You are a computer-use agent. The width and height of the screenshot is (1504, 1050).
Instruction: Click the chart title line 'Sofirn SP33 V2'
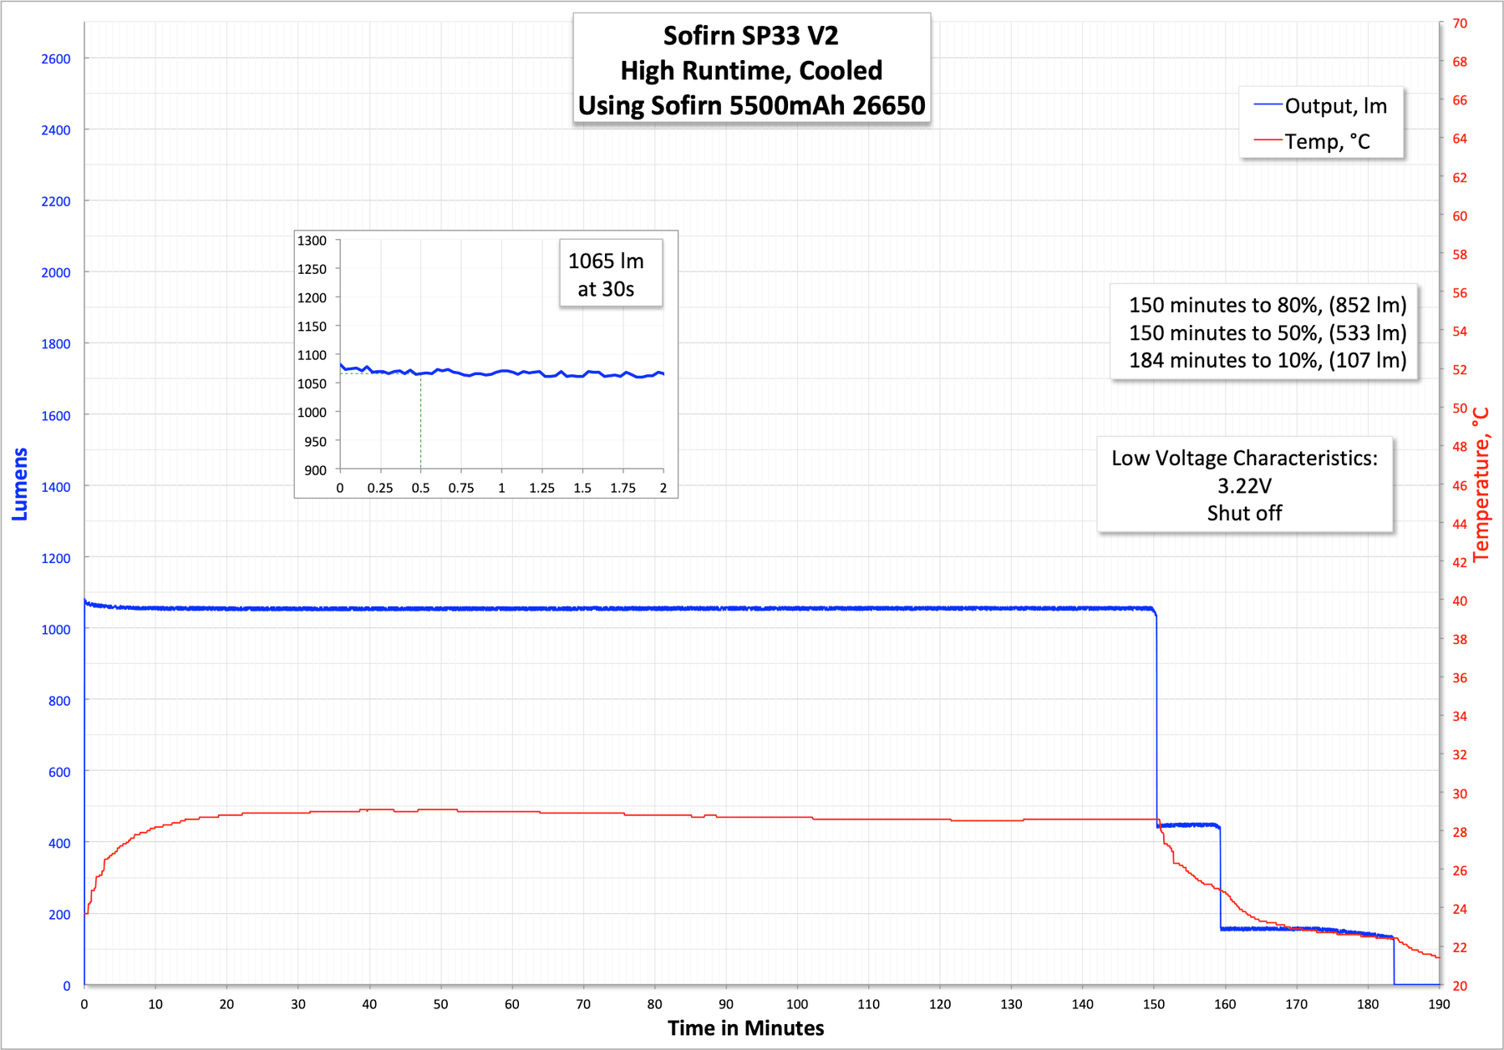[x=750, y=36]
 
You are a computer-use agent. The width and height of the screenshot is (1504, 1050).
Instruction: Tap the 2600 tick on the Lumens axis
[x=56, y=58]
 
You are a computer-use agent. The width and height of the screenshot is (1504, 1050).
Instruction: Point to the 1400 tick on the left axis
[x=56, y=486]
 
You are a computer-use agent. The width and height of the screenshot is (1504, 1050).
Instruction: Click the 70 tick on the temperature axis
[x=1460, y=23]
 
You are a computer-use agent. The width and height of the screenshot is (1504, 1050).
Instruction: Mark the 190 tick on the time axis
[x=1439, y=1004]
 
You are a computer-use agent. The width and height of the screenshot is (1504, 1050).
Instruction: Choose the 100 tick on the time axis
[x=797, y=1004]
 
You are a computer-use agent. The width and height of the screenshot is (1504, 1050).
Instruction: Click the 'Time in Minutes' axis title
[x=745, y=1028]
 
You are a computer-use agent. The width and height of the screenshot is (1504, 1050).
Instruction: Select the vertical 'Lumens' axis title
[x=20, y=484]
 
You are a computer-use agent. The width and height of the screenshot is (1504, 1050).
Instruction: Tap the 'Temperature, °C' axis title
[x=1481, y=484]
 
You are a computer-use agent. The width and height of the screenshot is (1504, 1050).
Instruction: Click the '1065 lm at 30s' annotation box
[x=607, y=275]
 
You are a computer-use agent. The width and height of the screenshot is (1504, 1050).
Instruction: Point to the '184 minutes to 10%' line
[x=1268, y=360]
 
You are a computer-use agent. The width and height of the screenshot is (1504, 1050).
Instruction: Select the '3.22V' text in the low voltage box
[x=1244, y=486]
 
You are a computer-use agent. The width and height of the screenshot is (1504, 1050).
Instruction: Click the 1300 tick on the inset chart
[x=312, y=241]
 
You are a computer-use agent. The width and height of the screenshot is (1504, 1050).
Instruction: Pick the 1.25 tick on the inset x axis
[x=541, y=488]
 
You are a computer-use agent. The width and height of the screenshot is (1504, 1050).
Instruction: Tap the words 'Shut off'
[x=1244, y=513]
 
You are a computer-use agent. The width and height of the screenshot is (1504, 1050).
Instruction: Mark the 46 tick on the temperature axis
[x=1460, y=485]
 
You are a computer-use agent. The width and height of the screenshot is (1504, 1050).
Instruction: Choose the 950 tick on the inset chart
[x=315, y=441]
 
